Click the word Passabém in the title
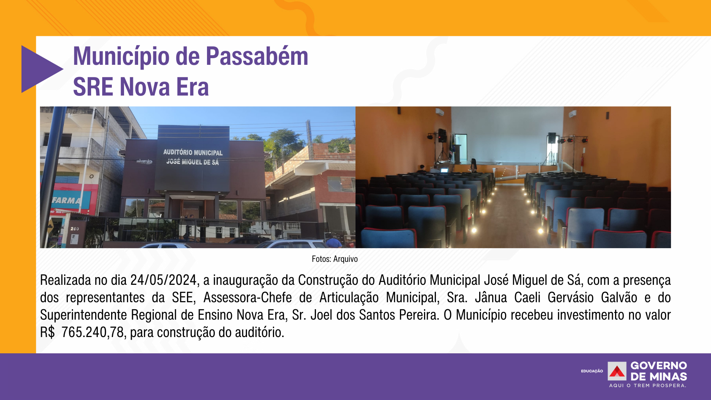pyautogui.click(x=257, y=56)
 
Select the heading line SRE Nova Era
pyautogui.click(x=141, y=87)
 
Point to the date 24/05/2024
pyautogui.click(x=163, y=280)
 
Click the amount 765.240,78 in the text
pyautogui.click(x=93, y=333)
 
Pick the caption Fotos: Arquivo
pyautogui.click(x=335, y=259)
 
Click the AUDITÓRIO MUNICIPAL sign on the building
pyautogui.click(x=193, y=153)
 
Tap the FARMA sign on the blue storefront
pyautogui.click(x=66, y=200)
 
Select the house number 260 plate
pyautogui.click(x=75, y=229)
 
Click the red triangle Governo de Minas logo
pyautogui.click(x=617, y=371)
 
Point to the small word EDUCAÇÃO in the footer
pyautogui.click(x=592, y=371)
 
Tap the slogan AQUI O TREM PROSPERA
pyautogui.click(x=648, y=386)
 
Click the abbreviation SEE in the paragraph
pyautogui.click(x=183, y=298)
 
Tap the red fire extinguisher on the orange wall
pyautogui.click(x=582, y=160)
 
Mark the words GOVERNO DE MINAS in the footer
pyautogui.click(x=659, y=371)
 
